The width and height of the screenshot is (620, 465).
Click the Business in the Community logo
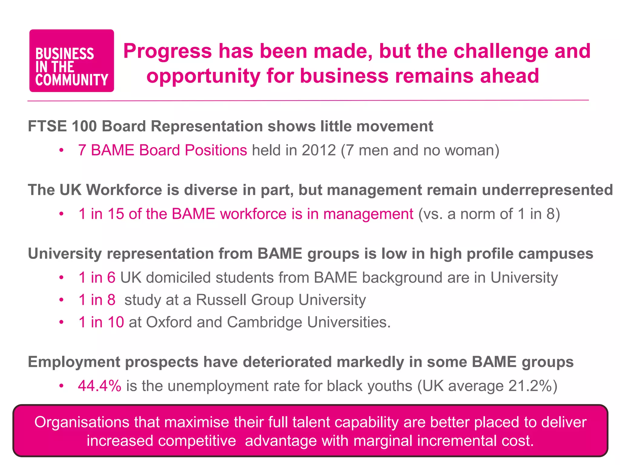click(71, 61)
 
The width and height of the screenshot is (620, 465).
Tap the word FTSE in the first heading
click(47, 126)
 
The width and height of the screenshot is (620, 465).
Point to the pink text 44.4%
click(99, 386)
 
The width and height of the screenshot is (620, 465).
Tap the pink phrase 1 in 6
click(97, 278)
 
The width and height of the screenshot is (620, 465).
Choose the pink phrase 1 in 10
click(101, 322)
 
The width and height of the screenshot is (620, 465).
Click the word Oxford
click(169, 322)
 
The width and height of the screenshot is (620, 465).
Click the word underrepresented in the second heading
click(547, 190)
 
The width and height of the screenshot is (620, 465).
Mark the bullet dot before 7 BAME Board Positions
click(61, 150)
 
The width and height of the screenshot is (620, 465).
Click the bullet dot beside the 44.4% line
click(61, 386)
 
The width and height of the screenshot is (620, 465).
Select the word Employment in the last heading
click(74, 362)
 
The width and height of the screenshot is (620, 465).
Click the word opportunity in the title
click(203, 76)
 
